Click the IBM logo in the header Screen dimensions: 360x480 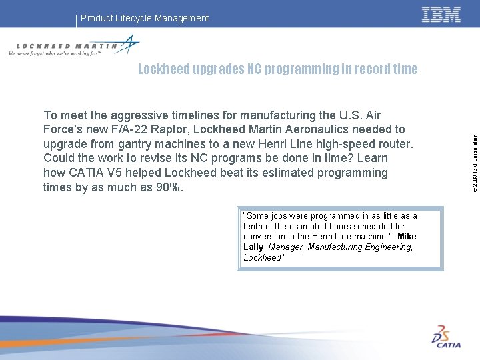[441, 14]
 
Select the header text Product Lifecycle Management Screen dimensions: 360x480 [145, 18]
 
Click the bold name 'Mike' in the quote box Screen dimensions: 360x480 [407, 237]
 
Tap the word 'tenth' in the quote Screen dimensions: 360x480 [255, 226]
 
